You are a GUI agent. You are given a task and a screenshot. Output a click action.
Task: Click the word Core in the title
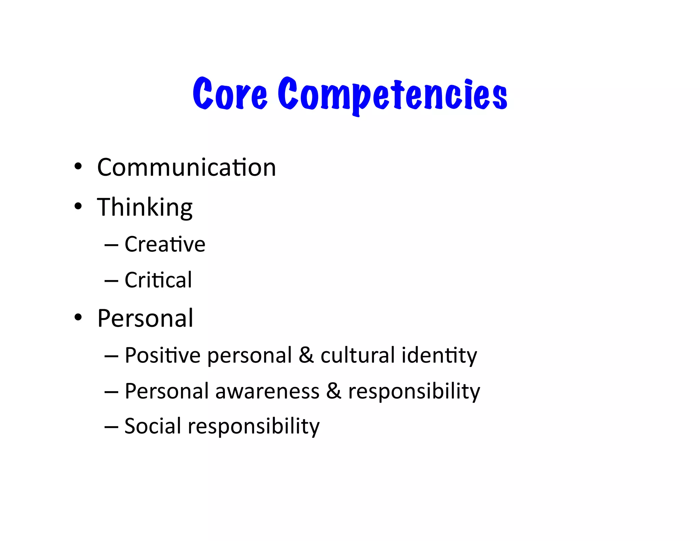pyautogui.click(x=230, y=94)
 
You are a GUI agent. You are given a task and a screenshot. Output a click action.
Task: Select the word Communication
pyautogui.click(x=187, y=168)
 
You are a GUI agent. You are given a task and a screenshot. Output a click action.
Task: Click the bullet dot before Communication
pyautogui.click(x=78, y=167)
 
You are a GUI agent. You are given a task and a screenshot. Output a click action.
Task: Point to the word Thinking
pyautogui.click(x=145, y=208)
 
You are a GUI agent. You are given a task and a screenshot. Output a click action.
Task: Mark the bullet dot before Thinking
pyautogui.click(x=78, y=206)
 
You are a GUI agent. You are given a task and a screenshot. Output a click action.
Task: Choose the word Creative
pyautogui.click(x=165, y=244)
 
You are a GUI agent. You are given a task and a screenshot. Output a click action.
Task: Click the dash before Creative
pyautogui.click(x=111, y=245)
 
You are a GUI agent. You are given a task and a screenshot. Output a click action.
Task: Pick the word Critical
pyautogui.click(x=158, y=280)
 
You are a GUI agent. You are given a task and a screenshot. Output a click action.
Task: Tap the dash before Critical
pyautogui.click(x=111, y=281)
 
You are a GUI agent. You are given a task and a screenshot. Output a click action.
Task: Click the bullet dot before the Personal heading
pyautogui.click(x=78, y=317)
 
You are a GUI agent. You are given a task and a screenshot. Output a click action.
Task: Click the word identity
pyautogui.click(x=439, y=356)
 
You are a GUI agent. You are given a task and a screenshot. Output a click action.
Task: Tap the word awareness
pyautogui.click(x=267, y=391)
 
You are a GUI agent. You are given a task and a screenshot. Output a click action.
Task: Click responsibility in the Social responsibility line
pyautogui.click(x=254, y=427)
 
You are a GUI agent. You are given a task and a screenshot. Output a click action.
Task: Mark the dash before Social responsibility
pyautogui.click(x=111, y=427)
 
